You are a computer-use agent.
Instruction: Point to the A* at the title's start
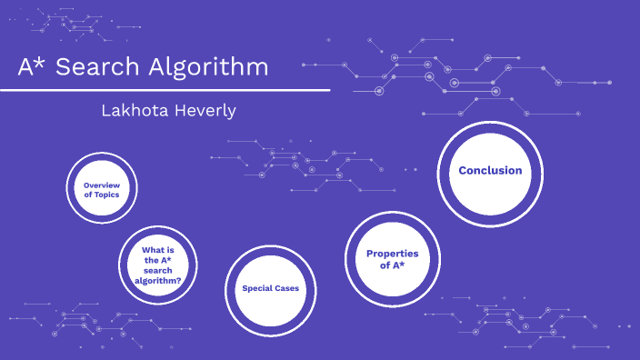pyautogui.click(x=31, y=67)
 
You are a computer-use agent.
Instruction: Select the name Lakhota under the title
pyautogui.click(x=139, y=111)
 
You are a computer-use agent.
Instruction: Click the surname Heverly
pyautogui.click(x=205, y=111)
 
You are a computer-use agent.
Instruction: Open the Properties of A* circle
pyautogui.click(x=392, y=259)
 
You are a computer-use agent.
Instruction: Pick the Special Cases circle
pyautogui.click(x=270, y=289)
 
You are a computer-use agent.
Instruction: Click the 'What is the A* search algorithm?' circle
pyautogui.click(x=158, y=265)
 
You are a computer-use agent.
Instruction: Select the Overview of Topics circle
pyautogui.click(x=102, y=190)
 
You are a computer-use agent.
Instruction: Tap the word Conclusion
pyautogui.click(x=490, y=171)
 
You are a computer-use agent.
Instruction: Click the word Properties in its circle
pyautogui.click(x=392, y=254)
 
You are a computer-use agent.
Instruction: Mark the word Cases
pyautogui.click(x=286, y=289)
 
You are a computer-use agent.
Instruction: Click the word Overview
pyautogui.click(x=102, y=185)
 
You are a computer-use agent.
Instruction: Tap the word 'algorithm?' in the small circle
pyautogui.click(x=158, y=281)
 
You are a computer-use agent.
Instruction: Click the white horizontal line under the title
pyautogui.click(x=165, y=90)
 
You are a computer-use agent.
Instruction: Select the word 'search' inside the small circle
pyautogui.click(x=160, y=271)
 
